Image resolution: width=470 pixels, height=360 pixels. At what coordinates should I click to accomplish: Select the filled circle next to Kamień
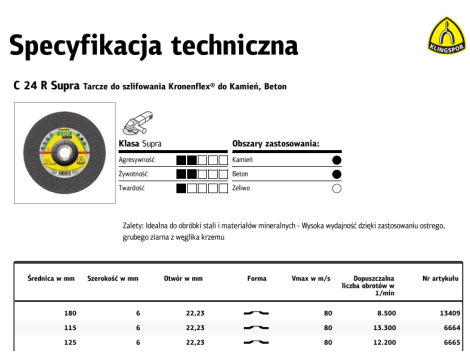(337, 159)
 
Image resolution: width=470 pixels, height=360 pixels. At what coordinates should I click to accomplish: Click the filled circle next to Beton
(337, 173)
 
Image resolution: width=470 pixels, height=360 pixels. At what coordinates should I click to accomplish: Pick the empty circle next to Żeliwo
(337, 187)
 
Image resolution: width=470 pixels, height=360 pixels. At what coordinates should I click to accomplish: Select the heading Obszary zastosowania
(275, 144)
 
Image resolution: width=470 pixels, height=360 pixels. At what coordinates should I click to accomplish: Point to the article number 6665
(450, 341)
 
